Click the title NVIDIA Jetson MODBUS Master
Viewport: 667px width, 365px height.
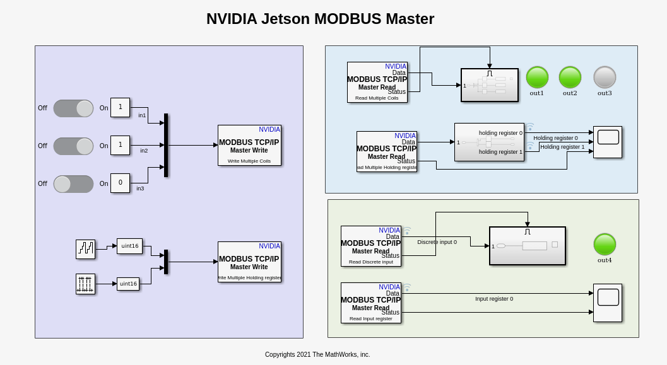[320, 19]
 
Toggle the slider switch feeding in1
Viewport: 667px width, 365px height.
[73, 108]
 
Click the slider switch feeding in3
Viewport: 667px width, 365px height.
[73, 184]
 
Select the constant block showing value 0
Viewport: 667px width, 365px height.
[120, 183]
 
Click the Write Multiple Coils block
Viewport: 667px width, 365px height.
[249, 146]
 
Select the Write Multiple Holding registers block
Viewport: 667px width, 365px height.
[249, 262]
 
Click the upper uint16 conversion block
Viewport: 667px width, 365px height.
[129, 246]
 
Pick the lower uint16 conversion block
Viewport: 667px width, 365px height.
[128, 284]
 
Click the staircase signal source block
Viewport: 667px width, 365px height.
[85, 249]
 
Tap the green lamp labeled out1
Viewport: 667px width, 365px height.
[537, 78]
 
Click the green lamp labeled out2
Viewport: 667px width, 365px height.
[570, 78]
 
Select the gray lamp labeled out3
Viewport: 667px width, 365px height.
[605, 78]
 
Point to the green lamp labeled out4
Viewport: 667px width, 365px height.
[605, 245]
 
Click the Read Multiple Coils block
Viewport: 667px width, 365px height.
[377, 82]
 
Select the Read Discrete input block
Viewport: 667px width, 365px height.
[370, 246]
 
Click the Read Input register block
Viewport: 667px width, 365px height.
[370, 303]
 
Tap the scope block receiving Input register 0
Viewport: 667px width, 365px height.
[607, 303]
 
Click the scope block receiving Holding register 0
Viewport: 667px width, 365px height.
[607, 142]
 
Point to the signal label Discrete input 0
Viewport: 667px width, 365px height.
[437, 242]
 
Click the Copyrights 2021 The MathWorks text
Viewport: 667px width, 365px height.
[317, 354]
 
